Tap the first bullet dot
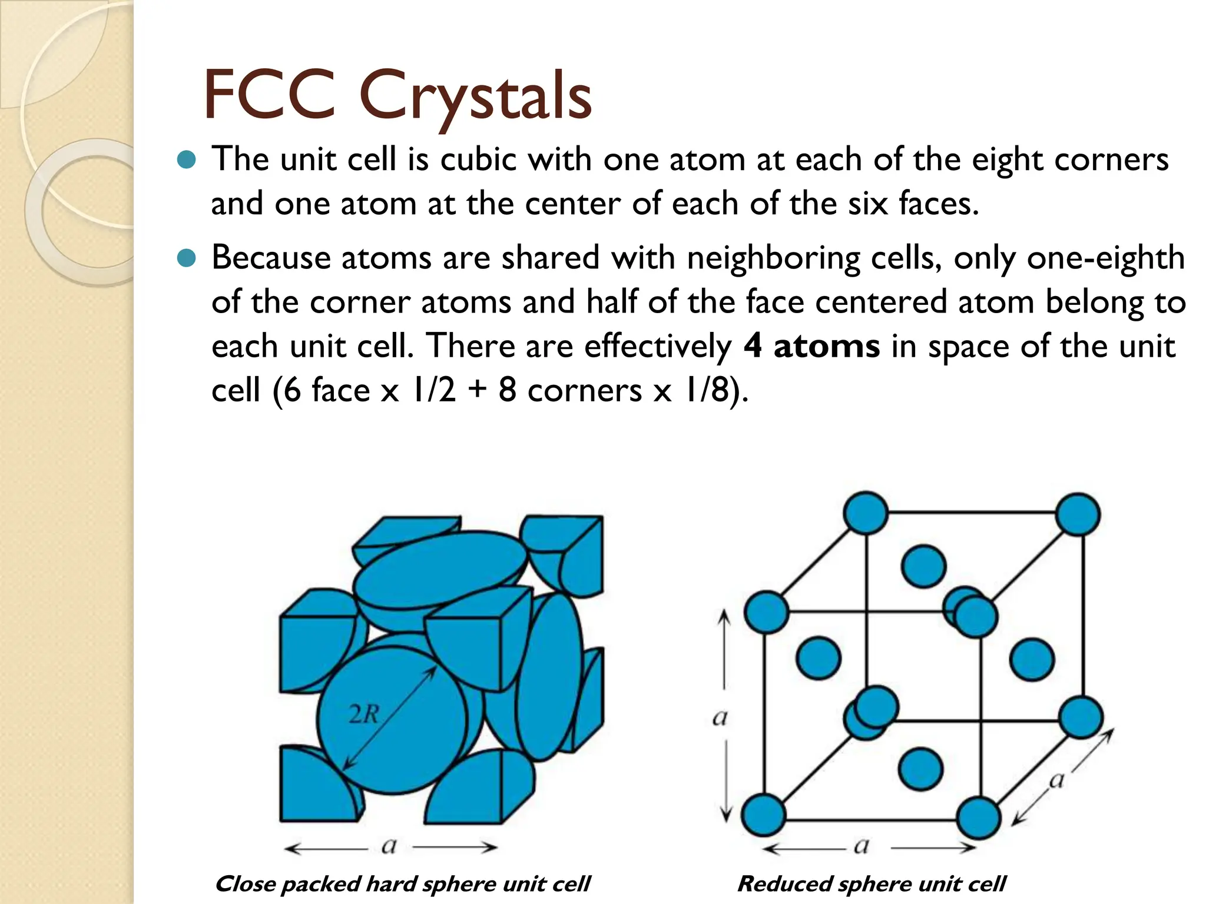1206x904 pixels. pyautogui.click(x=186, y=159)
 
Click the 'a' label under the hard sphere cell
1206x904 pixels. pyautogui.click(x=389, y=846)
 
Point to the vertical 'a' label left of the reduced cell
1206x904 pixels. pyautogui.click(x=720, y=717)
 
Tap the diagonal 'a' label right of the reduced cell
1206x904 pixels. pyautogui.click(x=1056, y=780)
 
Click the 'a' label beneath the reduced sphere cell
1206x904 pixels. pyautogui.click(x=861, y=846)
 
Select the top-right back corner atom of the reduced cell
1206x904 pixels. pyautogui.click(x=1078, y=514)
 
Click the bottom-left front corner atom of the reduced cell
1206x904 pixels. pyautogui.click(x=763, y=815)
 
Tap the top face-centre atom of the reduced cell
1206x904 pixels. pyautogui.click(x=923, y=566)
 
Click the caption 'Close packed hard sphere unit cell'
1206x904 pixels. pyautogui.click(x=402, y=884)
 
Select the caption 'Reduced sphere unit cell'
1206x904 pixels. pyautogui.click(x=872, y=884)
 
